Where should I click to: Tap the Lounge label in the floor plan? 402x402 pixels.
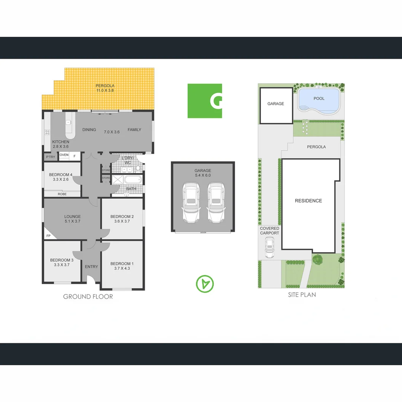(72, 216)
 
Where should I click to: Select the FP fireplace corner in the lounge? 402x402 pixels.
(49, 236)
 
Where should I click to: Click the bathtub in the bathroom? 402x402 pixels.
(133, 180)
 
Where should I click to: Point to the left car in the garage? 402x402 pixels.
(191, 202)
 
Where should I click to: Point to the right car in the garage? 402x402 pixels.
(216, 202)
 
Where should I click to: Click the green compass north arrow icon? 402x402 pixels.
(205, 284)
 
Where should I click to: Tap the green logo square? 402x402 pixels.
(204, 101)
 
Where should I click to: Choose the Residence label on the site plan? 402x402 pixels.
(308, 201)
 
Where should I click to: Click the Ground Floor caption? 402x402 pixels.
(88, 297)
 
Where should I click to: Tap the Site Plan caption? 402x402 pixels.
(302, 294)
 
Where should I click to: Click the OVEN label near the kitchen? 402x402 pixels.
(64, 155)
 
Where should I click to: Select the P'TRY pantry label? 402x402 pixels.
(50, 157)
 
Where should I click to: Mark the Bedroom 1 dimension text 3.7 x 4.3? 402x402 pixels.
(122, 268)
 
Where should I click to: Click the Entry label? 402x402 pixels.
(91, 267)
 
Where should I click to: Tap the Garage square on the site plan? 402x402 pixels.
(275, 104)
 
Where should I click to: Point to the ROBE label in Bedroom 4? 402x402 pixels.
(62, 194)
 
